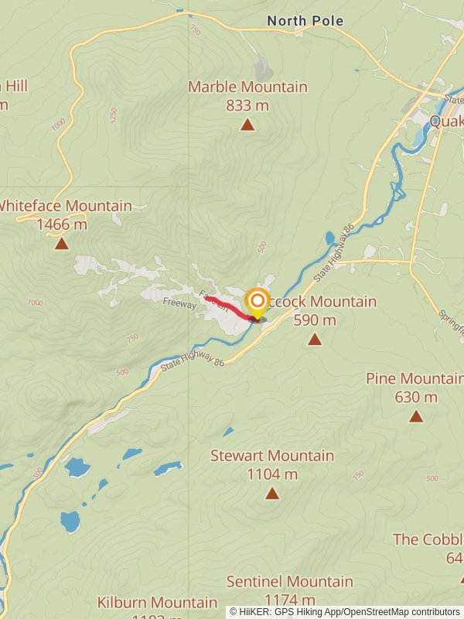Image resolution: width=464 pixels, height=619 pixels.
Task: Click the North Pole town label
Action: tap(305, 21)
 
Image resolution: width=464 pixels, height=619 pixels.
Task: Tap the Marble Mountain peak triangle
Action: tap(247, 125)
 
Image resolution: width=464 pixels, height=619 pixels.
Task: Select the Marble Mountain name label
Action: tap(247, 87)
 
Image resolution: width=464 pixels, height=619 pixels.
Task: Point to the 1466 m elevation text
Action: tap(62, 224)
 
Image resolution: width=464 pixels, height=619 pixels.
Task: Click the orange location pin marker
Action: tap(257, 302)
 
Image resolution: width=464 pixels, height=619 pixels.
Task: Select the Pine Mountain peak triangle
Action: tap(416, 416)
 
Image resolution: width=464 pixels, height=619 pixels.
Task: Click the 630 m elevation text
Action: tap(416, 397)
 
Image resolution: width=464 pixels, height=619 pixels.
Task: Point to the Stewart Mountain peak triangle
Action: tap(271, 494)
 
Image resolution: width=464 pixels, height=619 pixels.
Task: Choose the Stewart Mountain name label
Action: tap(272, 456)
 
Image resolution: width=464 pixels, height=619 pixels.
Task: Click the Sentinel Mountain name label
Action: tap(289, 581)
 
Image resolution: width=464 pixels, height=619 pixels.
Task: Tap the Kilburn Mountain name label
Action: tap(157, 602)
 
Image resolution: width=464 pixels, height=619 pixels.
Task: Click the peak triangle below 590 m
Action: tap(314, 339)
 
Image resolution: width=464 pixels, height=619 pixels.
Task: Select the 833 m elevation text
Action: tap(247, 105)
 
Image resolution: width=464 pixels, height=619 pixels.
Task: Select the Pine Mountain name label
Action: tap(415, 378)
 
